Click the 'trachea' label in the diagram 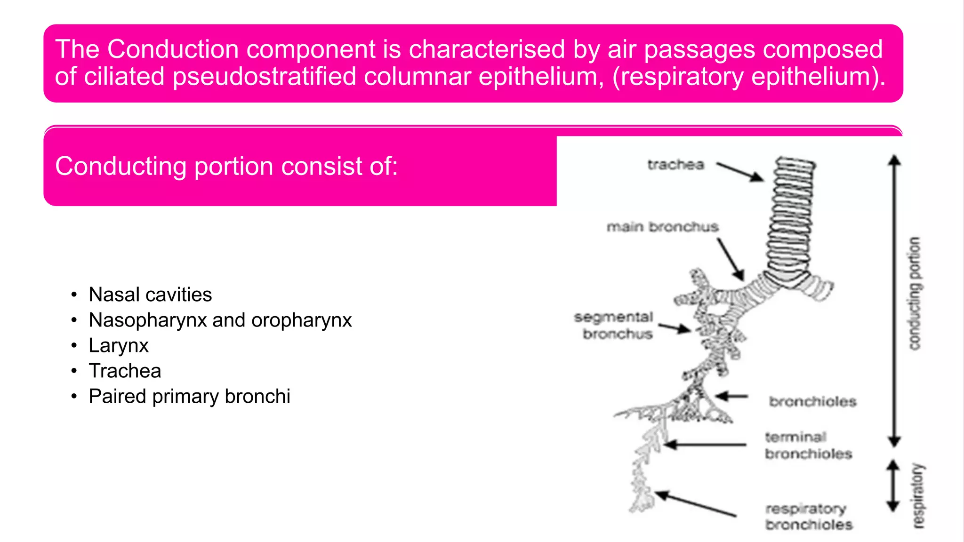[675, 165]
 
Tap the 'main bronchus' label [662, 227]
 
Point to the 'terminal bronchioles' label [808, 446]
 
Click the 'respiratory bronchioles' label [808, 517]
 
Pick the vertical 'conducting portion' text [914, 294]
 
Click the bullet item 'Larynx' [119, 346]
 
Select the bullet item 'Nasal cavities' [150, 295]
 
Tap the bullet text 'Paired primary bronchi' [189, 397]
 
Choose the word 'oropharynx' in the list [301, 320]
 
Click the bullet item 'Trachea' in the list [125, 371]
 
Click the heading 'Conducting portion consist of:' [226, 166]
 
